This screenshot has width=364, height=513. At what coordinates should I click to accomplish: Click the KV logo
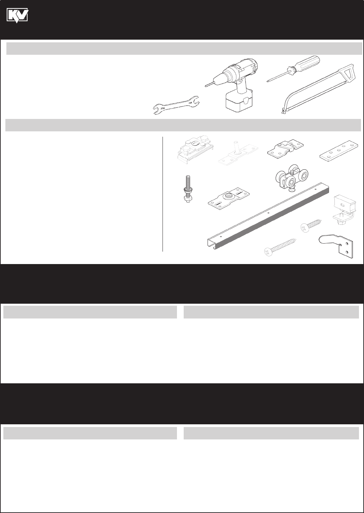pos(17,15)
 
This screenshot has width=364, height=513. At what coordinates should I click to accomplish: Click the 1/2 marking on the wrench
pos(190,103)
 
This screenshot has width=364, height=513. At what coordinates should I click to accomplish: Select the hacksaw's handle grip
pos(350,73)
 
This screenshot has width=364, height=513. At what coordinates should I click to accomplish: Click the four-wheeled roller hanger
pos(291,178)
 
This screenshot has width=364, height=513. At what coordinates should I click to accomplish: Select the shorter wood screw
pos(311,224)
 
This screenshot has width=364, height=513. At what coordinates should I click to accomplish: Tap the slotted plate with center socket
pos(229,199)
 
